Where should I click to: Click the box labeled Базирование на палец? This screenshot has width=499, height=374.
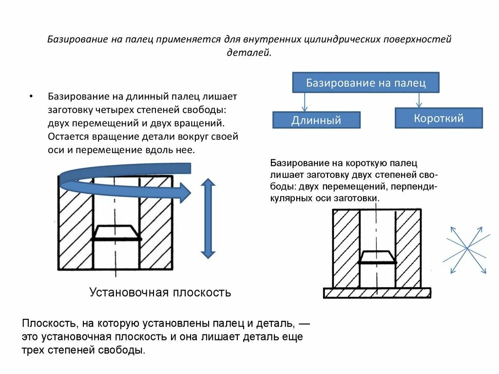coord(365,82)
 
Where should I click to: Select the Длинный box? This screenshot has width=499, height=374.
coord(316,120)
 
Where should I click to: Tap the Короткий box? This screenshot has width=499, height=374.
coord(439,118)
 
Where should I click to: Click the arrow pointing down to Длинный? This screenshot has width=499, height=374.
coord(304,102)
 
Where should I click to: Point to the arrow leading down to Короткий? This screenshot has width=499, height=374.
coord(419,99)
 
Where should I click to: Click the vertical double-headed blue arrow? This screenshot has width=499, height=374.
coord(208,218)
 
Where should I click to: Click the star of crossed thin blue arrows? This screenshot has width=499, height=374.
coord(466,249)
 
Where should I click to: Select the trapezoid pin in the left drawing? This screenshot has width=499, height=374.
coord(116,233)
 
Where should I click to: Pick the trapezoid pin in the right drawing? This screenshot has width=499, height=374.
coord(377,257)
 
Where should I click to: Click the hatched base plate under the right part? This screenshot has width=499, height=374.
coord(377,293)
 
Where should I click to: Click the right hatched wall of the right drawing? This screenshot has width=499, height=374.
coord(408,249)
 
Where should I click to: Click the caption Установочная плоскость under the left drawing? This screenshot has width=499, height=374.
coord(160,293)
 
